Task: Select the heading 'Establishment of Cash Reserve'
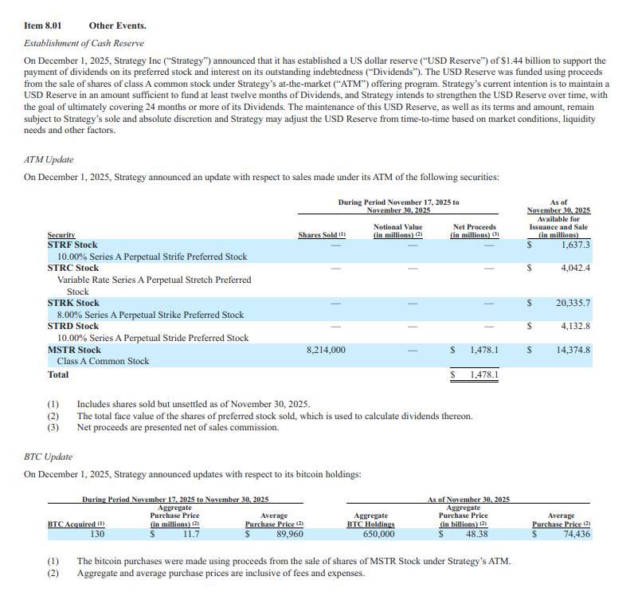[84, 42]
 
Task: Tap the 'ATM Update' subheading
[49, 159]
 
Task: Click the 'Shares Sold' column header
[321, 235]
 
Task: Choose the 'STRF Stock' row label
[72, 245]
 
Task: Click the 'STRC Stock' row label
[73, 268]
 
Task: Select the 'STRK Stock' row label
[73, 303]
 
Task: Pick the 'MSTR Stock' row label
[74, 350]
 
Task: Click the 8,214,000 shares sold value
[326, 350]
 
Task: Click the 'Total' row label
[58, 375]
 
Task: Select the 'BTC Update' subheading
[49, 457]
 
